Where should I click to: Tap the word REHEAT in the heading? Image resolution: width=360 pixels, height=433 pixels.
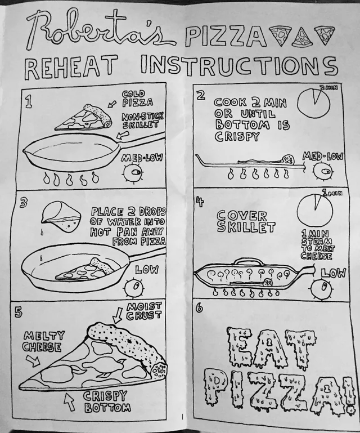pos(70,67)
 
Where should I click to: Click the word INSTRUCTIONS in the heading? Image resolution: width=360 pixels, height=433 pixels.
pos(239,65)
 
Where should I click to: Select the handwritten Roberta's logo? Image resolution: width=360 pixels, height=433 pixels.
pos(101,30)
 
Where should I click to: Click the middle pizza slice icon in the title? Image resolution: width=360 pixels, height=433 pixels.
pos(302,38)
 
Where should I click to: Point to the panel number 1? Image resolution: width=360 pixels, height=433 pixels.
pos(28,102)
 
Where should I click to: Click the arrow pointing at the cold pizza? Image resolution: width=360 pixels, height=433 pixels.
pos(112,104)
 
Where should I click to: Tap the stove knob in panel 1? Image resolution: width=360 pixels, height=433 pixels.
pos(133,173)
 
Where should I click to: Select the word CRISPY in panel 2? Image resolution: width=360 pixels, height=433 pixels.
pos(237,137)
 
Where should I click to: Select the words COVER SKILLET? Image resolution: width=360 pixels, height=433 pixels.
pos(246,222)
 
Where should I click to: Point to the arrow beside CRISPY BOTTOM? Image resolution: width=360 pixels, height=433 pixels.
pos(69,402)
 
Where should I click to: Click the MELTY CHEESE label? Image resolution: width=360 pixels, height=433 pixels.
pos(43,342)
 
